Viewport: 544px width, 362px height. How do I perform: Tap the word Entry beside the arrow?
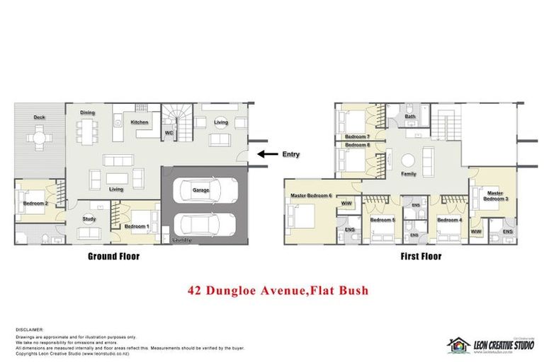(290, 154)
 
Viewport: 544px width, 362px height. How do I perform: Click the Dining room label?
(87, 112)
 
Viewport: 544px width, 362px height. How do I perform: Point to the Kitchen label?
(140, 122)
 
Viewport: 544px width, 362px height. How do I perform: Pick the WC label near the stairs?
(169, 132)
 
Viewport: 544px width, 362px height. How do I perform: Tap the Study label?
(89, 218)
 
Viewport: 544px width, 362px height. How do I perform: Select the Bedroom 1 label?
(137, 227)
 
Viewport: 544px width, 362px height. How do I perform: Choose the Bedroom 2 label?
(35, 204)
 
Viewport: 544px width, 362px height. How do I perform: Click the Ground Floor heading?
(113, 257)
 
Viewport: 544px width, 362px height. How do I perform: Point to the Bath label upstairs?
(410, 116)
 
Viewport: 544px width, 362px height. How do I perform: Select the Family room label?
(409, 173)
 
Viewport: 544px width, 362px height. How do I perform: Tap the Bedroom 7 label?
(357, 136)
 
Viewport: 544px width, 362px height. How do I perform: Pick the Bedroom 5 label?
(382, 220)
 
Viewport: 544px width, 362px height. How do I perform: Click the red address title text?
(278, 290)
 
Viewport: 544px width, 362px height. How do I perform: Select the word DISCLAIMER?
(30, 329)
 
